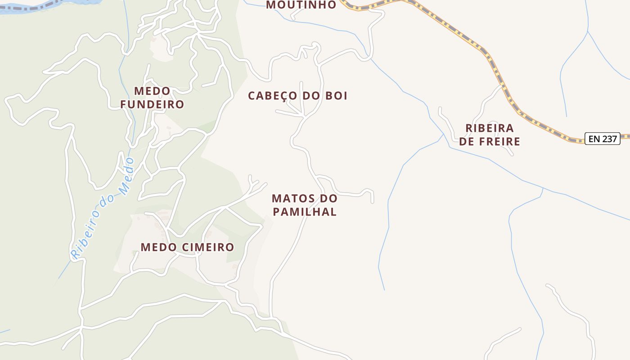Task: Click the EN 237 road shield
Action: (x=602, y=139)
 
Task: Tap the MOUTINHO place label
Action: (x=301, y=5)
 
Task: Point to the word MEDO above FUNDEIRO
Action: (x=152, y=91)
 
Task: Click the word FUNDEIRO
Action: (x=152, y=104)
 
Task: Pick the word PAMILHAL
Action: (x=305, y=212)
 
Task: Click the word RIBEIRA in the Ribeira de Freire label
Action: (x=490, y=128)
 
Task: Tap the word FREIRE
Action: (x=500, y=142)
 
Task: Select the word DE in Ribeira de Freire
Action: (x=467, y=142)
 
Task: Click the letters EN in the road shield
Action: (x=594, y=139)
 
